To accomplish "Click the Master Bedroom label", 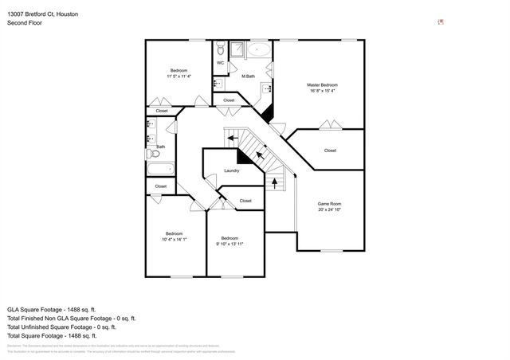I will pyautogui.click(x=323, y=84).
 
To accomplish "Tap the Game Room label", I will pyautogui.click(x=329, y=204).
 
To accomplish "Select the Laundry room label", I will pyautogui.click(x=232, y=170).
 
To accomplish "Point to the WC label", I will pyautogui.click(x=220, y=63).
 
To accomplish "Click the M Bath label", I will pyautogui.click(x=249, y=76).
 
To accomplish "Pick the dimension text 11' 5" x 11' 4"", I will pyautogui.click(x=179, y=76).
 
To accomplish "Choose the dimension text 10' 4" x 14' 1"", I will pyautogui.click(x=174, y=239).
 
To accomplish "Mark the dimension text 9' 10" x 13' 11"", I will pyautogui.click(x=229, y=244).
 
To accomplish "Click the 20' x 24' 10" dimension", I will pyautogui.click(x=329, y=210).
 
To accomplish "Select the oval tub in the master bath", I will pyautogui.click(x=259, y=51).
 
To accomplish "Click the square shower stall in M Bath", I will pyautogui.click(x=237, y=52).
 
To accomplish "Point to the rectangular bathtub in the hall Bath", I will pyautogui.click(x=160, y=169).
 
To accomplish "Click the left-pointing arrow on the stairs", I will pyautogui.click(x=232, y=138).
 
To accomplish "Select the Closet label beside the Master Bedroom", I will pyautogui.click(x=330, y=151).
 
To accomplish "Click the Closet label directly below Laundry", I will pyautogui.click(x=245, y=201).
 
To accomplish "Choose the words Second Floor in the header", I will pyautogui.click(x=24, y=23).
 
